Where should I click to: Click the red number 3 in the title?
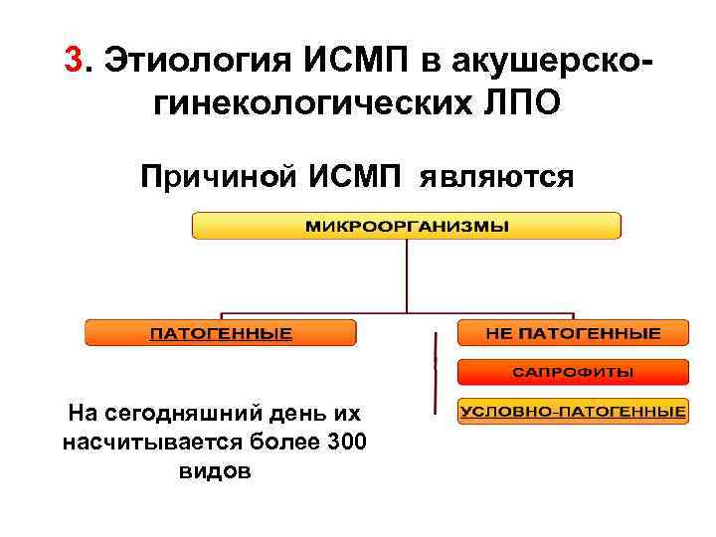[73, 61]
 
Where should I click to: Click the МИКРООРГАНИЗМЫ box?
[406, 226]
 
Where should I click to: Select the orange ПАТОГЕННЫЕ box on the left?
[221, 333]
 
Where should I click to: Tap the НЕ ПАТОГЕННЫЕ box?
[573, 333]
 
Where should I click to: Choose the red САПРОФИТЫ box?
[573, 372]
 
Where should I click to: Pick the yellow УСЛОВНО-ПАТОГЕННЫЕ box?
[573, 411]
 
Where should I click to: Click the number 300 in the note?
[346, 442]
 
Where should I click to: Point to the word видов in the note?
[214, 470]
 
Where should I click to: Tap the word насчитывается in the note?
[137, 442]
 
